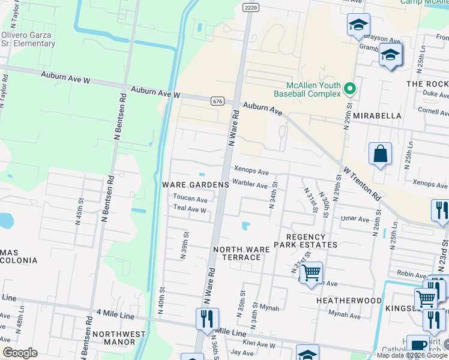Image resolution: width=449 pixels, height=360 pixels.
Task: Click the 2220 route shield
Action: (x=251, y=7)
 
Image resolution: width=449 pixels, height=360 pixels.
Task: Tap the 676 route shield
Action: (x=218, y=101)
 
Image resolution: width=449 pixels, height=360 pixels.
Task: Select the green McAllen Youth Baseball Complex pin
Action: (x=351, y=90)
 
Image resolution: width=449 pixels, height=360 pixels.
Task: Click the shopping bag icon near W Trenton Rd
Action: (x=381, y=154)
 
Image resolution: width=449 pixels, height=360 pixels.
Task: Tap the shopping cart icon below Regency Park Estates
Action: (x=310, y=274)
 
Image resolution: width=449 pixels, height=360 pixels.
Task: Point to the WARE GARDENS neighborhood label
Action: (x=196, y=185)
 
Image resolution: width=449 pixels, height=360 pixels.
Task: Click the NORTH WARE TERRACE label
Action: (x=238, y=253)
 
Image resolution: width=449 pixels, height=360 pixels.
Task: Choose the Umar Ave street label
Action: (x=355, y=220)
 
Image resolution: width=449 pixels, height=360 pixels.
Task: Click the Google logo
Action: (x=20, y=353)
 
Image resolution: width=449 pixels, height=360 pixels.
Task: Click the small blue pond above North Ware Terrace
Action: (x=246, y=226)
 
